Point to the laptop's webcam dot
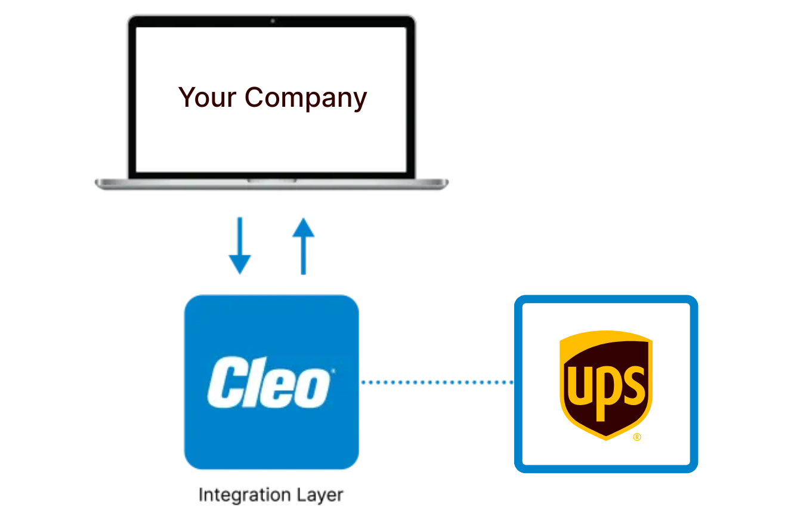[x=273, y=21]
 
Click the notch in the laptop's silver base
[x=272, y=180]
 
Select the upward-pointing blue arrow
[x=303, y=246]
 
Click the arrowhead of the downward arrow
[x=240, y=264]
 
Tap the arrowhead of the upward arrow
[x=303, y=228]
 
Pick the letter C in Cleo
[x=225, y=382]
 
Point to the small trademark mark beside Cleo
[x=332, y=371]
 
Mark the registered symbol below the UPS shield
[x=636, y=437]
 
